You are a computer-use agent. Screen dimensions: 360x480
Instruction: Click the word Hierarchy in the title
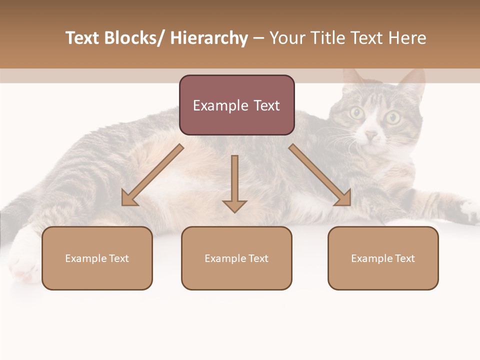(x=208, y=38)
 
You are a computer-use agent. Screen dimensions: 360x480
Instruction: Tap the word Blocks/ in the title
(x=136, y=38)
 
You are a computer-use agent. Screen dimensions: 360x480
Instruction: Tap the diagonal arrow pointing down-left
(x=152, y=175)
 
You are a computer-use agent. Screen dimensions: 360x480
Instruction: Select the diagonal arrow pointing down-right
(x=320, y=175)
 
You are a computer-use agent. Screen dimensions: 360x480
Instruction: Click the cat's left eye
(x=357, y=113)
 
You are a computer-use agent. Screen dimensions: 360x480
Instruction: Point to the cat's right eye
(x=392, y=118)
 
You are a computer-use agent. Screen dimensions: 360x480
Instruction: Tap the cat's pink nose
(x=371, y=135)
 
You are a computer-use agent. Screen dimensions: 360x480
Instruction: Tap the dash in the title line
(x=258, y=38)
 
